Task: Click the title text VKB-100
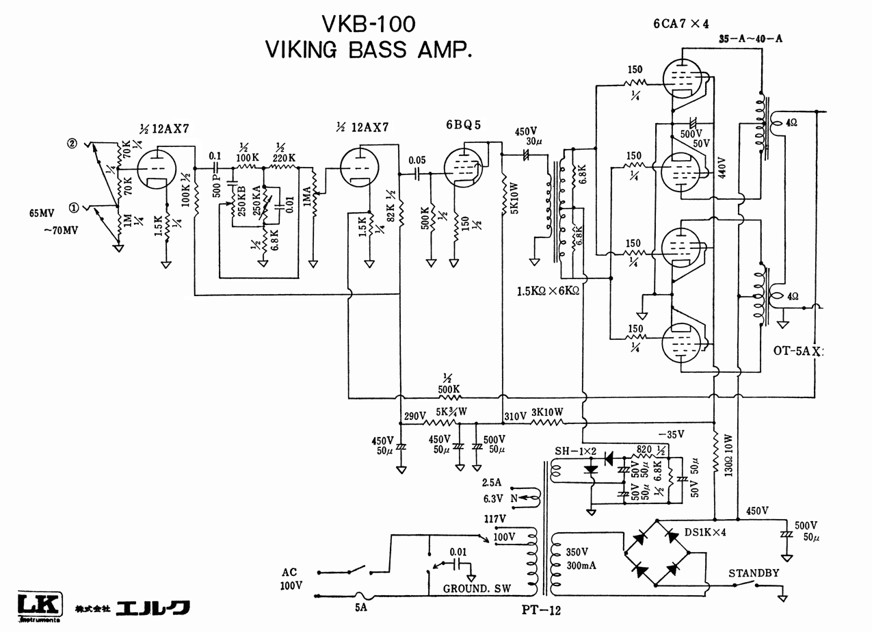click(x=369, y=25)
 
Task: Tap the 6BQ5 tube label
click(x=464, y=125)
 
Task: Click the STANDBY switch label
click(x=753, y=572)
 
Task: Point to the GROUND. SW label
click(x=477, y=589)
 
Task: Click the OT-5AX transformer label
click(x=798, y=351)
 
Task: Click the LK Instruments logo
click(x=39, y=607)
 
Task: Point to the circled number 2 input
click(x=71, y=144)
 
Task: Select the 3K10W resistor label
click(x=547, y=412)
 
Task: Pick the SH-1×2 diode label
click(x=577, y=451)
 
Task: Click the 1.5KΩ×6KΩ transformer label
click(x=548, y=291)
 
